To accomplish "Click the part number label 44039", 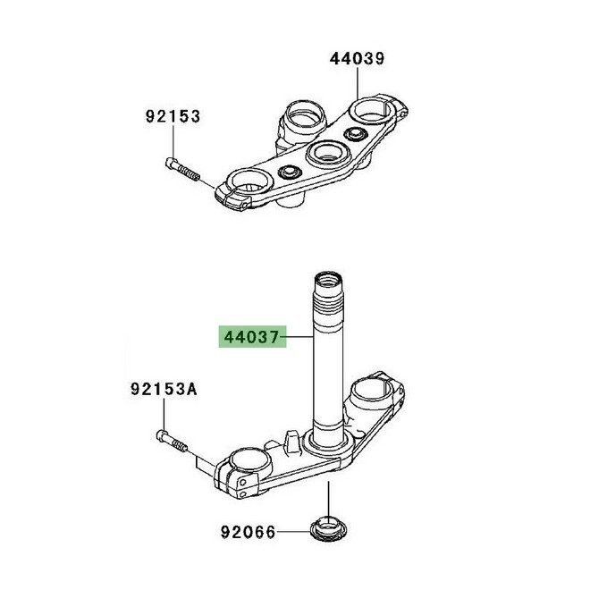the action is pyautogui.click(x=357, y=59).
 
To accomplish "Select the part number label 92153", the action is pyautogui.click(x=173, y=116).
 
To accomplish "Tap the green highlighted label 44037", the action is pyautogui.click(x=252, y=337).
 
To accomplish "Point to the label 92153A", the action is pyautogui.click(x=164, y=389).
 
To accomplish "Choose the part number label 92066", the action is pyautogui.click(x=248, y=532).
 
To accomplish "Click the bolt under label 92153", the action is pyautogui.click(x=183, y=170).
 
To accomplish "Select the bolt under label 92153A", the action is pyautogui.click(x=172, y=442).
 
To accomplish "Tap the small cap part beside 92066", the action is pyautogui.click(x=328, y=528).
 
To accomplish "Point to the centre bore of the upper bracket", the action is pyautogui.click(x=328, y=153).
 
